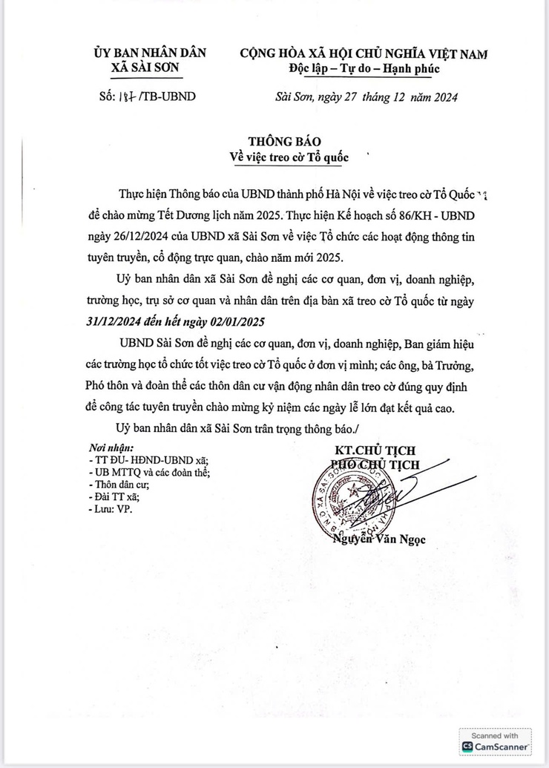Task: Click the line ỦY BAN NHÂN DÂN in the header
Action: [x=150, y=53]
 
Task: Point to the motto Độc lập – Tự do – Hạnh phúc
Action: [x=364, y=69]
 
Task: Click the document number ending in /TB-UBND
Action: [x=147, y=97]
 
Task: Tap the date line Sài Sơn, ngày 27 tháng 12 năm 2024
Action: [x=366, y=97]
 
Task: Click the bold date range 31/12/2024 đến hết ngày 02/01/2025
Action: [x=174, y=324]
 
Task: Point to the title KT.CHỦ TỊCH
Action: [x=375, y=450]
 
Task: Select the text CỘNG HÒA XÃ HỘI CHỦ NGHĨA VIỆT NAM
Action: [x=364, y=53]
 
